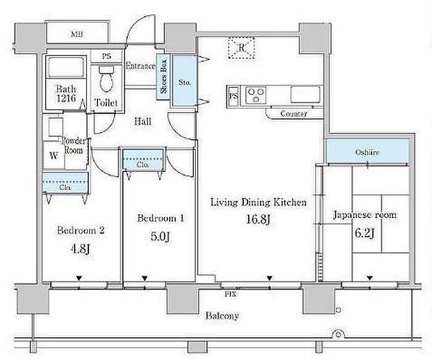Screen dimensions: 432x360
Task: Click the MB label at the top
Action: tap(77, 35)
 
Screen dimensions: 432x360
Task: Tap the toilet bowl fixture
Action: tap(106, 79)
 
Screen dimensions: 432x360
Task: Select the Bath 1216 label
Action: tap(66, 94)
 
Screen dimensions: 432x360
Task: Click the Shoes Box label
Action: tap(164, 76)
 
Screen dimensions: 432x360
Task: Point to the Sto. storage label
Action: tap(185, 82)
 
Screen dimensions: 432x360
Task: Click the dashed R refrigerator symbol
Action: tap(241, 47)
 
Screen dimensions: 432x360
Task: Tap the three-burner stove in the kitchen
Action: tap(256, 95)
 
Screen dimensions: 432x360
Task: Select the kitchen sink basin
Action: tap(305, 94)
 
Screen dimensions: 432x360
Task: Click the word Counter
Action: tap(294, 113)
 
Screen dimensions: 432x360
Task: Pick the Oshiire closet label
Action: tap(367, 152)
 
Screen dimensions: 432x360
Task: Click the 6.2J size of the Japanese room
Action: tap(364, 234)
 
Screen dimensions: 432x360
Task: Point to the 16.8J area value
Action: tap(259, 219)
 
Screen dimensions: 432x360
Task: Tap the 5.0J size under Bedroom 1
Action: tap(160, 236)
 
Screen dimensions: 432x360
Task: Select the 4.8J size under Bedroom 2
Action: tap(80, 249)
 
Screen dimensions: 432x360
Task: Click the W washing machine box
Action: tap(54, 155)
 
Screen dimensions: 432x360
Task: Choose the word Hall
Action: tap(143, 121)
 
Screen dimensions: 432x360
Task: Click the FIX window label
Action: tap(230, 294)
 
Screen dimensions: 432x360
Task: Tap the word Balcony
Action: tap(222, 316)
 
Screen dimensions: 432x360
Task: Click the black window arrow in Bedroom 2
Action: tap(79, 278)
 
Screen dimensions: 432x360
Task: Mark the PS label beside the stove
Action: tap(233, 96)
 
